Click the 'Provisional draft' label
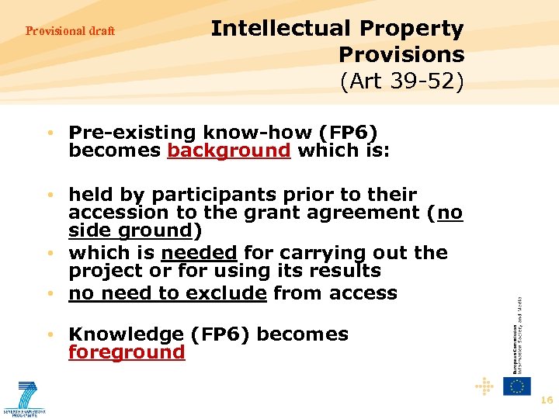[70, 31]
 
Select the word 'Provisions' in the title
[401, 55]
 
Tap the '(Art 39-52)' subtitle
[402, 81]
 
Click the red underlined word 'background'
[228, 150]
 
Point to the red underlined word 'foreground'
[127, 352]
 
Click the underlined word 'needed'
[199, 252]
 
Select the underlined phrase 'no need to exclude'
[168, 293]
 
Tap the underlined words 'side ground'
[130, 230]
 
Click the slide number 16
[547, 400]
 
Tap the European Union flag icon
[516, 386]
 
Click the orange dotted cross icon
[484, 386]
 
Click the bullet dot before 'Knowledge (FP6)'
[49, 334]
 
